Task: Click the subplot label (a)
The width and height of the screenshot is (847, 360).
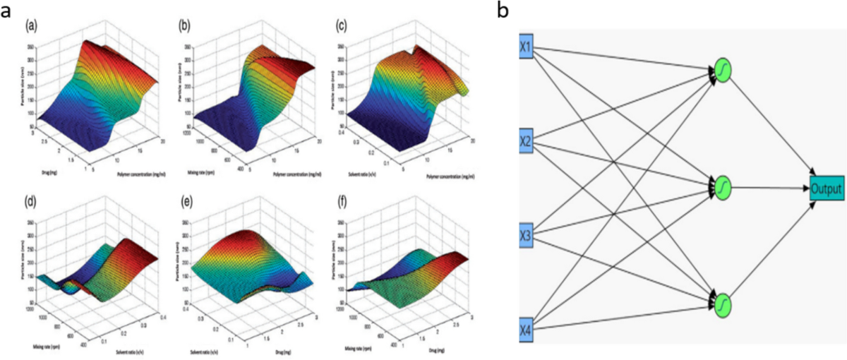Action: click(x=31, y=26)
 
